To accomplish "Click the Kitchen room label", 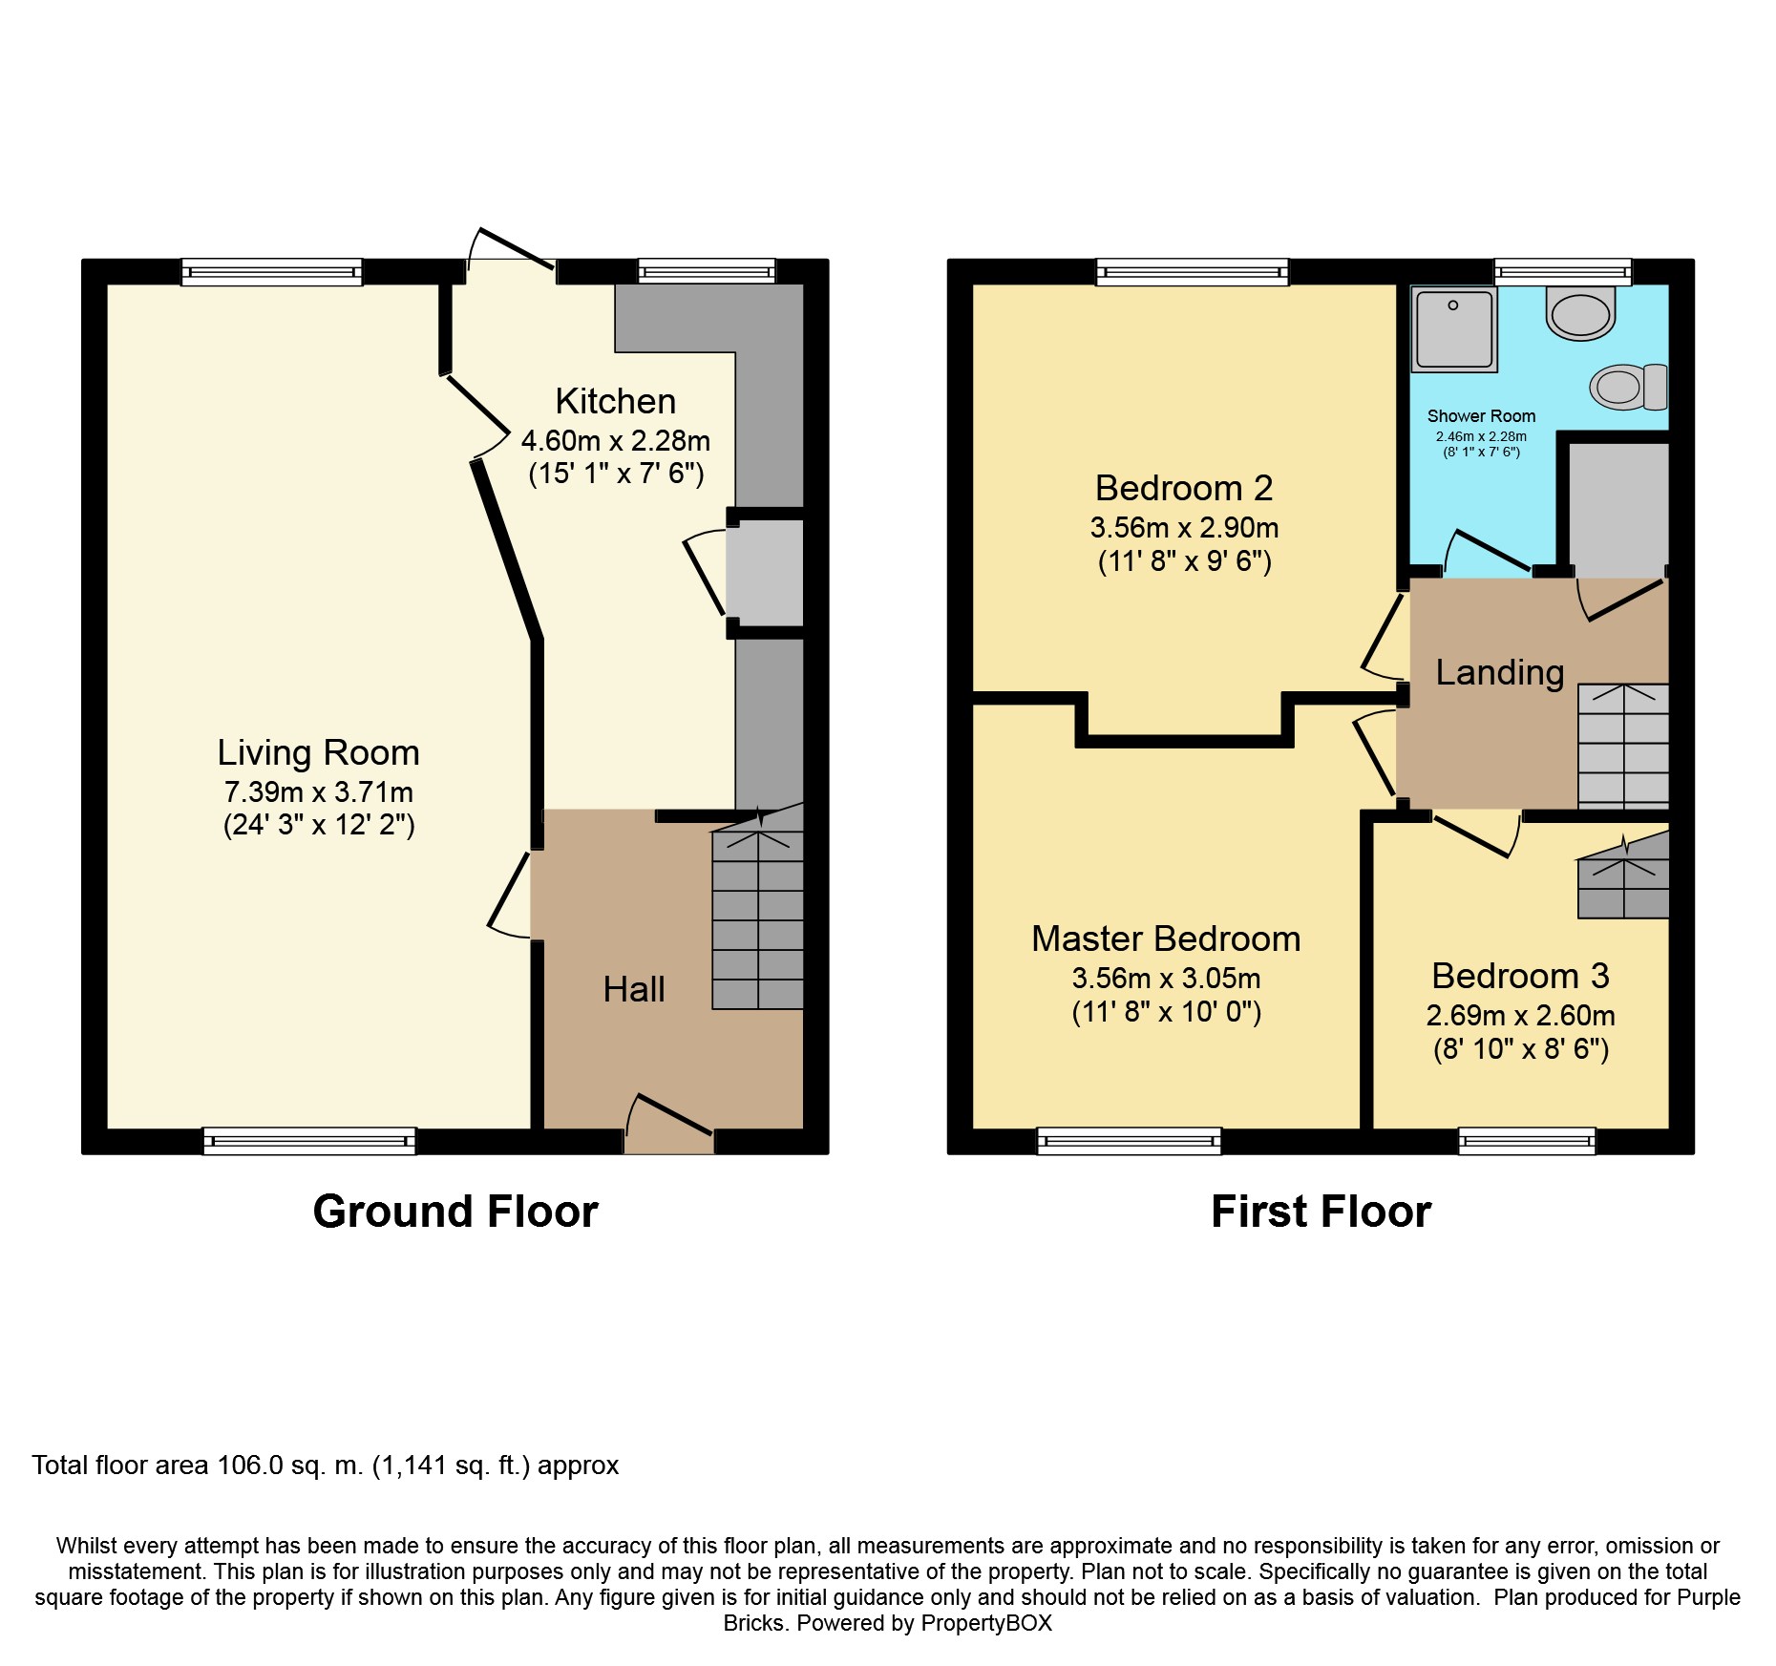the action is click(x=616, y=401).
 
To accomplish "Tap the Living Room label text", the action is click(x=318, y=753).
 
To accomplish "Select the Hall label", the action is click(x=634, y=989).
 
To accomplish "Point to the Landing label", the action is click(x=1500, y=673).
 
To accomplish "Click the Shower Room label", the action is click(x=1481, y=416).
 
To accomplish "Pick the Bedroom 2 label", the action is click(x=1184, y=488).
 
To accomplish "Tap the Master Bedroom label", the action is click(x=1166, y=938).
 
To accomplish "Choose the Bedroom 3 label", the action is click(x=1520, y=976).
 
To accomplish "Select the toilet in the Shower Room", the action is click(x=1629, y=387).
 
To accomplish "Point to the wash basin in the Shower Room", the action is click(x=1581, y=312).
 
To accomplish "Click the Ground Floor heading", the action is click(x=455, y=1212).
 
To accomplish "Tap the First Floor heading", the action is click(x=1321, y=1212).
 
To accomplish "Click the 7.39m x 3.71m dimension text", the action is click(x=318, y=792).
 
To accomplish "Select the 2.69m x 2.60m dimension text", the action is click(x=1520, y=1016).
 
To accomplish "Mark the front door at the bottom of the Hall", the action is click(x=669, y=1127).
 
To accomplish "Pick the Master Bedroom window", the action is click(x=1129, y=1141).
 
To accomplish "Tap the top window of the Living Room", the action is click(x=272, y=272).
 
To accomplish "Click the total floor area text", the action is click(x=326, y=1466).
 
